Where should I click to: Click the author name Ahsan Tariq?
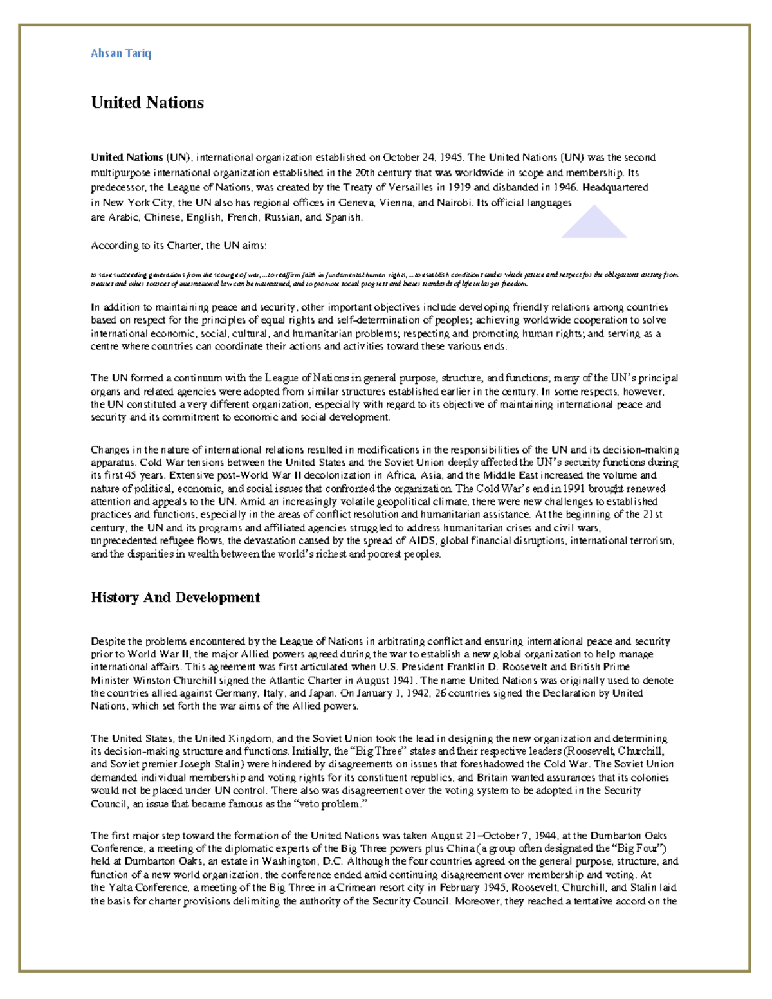[121, 53]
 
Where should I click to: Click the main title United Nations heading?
[147, 103]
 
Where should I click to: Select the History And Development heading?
[175, 598]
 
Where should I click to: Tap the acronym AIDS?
[423, 540]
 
